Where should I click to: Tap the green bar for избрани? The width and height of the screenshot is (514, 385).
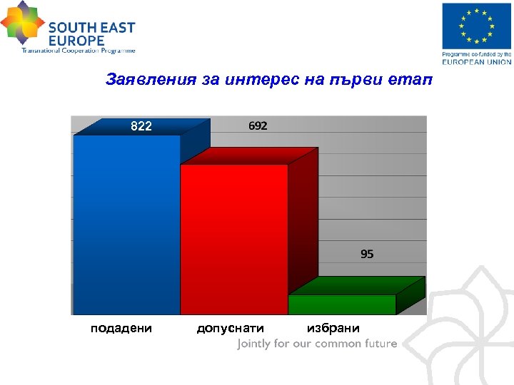coord(342,304)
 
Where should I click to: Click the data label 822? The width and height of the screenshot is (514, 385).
coord(141,126)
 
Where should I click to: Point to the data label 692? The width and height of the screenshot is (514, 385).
coord(258,126)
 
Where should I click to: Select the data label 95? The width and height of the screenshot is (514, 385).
coord(367,254)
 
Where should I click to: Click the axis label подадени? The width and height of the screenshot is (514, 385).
coord(121,328)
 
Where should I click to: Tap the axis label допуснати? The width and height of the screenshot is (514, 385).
coord(230,329)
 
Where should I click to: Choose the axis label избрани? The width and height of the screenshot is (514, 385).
coord(333,328)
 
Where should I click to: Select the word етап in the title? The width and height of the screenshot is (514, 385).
coord(413,79)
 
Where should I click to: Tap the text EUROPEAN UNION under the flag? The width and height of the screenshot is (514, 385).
coord(476,61)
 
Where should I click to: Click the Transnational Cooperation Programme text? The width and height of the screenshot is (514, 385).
coord(78,51)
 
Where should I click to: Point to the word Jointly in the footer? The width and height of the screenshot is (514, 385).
coord(254,344)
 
